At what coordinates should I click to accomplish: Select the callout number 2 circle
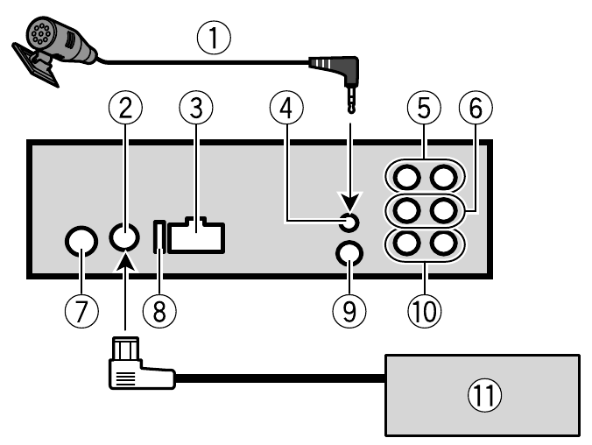[126, 109]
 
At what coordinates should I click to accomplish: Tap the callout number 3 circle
[196, 109]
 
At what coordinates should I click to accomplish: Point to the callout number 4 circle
[286, 109]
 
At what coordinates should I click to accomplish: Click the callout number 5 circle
[424, 109]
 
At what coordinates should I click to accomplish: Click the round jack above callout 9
[349, 254]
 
